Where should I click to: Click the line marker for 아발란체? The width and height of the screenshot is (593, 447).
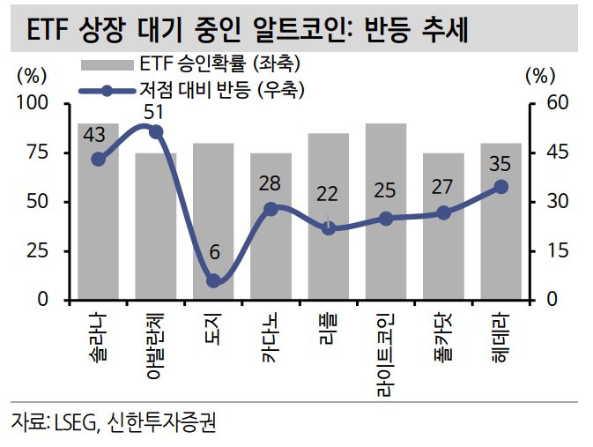[156, 131]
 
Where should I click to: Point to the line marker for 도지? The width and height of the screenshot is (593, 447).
[213, 280]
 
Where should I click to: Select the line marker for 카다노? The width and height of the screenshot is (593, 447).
[271, 209]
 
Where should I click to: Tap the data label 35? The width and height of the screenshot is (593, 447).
[500, 165]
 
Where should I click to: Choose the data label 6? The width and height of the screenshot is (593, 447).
[213, 252]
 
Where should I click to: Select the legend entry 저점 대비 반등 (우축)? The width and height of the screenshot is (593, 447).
[220, 90]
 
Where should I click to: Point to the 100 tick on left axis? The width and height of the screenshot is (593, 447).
[38, 104]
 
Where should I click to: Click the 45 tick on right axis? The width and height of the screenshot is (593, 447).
[560, 153]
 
